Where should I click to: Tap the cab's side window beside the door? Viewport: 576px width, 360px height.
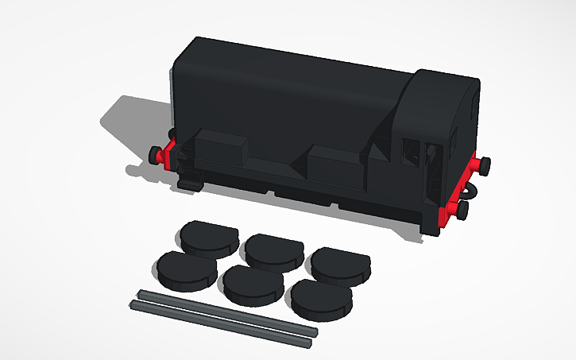[x=412, y=151]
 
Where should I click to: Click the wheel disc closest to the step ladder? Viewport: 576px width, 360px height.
[x=206, y=237]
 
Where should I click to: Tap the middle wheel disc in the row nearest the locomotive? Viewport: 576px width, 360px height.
[x=273, y=251]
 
